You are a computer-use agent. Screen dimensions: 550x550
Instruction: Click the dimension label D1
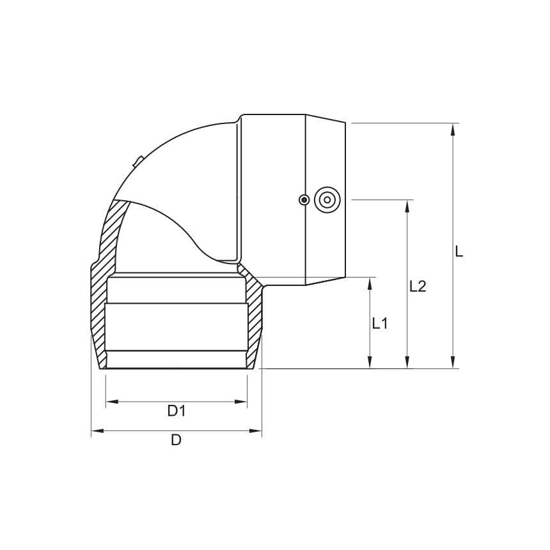177,411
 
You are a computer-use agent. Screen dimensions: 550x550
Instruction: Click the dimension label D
176,440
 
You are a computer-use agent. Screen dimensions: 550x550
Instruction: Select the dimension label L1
380,324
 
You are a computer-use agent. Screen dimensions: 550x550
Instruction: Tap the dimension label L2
418,286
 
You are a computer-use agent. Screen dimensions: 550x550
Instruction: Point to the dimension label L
459,251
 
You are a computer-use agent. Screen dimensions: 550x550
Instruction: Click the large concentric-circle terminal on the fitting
327,200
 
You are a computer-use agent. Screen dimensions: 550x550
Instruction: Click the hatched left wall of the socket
98,313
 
